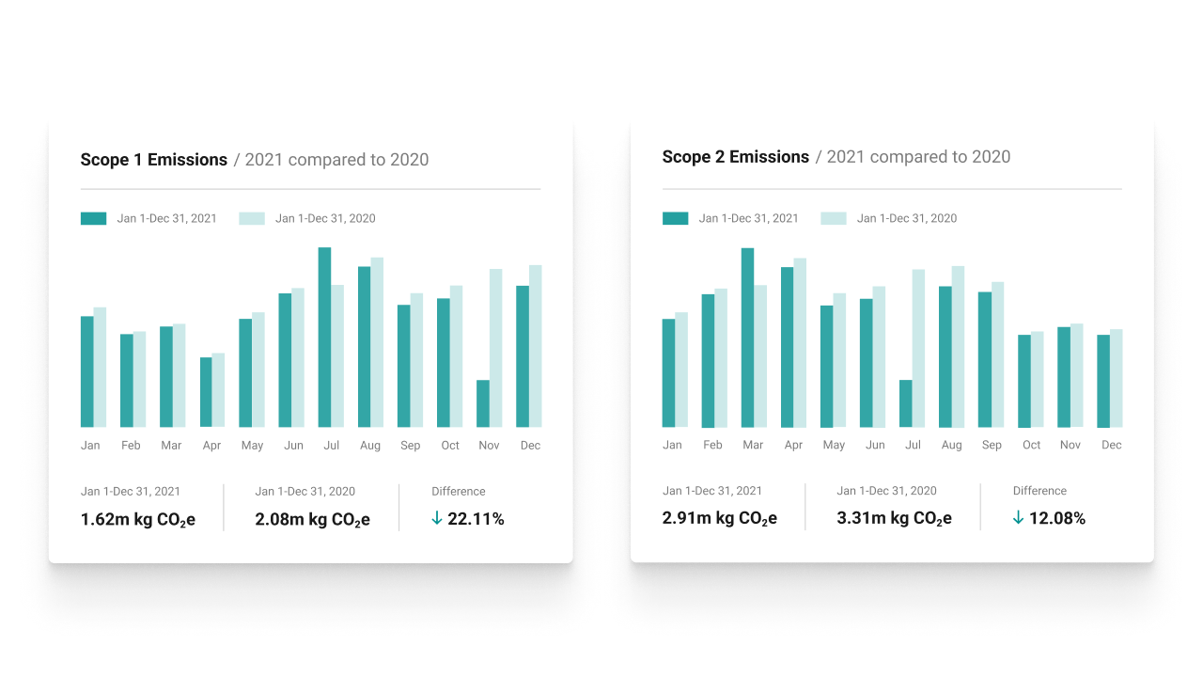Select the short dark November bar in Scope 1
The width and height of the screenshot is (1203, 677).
[483, 403]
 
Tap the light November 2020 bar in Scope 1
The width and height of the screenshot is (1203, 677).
[496, 348]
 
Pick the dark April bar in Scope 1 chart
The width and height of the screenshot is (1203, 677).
[206, 392]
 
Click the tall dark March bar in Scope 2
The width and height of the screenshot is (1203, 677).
[747, 338]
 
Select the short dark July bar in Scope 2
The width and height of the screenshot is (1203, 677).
[906, 403]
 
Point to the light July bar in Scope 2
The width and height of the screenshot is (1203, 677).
[918, 348]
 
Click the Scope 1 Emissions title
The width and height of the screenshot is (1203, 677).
[154, 160]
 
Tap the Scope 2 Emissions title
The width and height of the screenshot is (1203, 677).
[735, 157]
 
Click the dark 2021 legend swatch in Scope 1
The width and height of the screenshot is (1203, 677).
[93, 218]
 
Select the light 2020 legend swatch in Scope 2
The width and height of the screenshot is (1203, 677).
[834, 218]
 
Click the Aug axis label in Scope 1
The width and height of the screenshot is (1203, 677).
[370, 446]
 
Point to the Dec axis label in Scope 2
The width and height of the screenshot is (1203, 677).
[1112, 445]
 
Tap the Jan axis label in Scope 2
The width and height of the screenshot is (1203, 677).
[672, 445]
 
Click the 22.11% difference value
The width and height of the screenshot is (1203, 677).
[476, 519]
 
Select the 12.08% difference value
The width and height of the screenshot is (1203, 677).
[1057, 518]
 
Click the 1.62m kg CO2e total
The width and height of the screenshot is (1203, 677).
[138, 519]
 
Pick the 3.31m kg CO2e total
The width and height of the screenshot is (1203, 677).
[894, 518]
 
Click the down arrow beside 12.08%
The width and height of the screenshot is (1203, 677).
[1018, 518]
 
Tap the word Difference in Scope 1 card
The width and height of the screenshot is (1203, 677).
[459, 492]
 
